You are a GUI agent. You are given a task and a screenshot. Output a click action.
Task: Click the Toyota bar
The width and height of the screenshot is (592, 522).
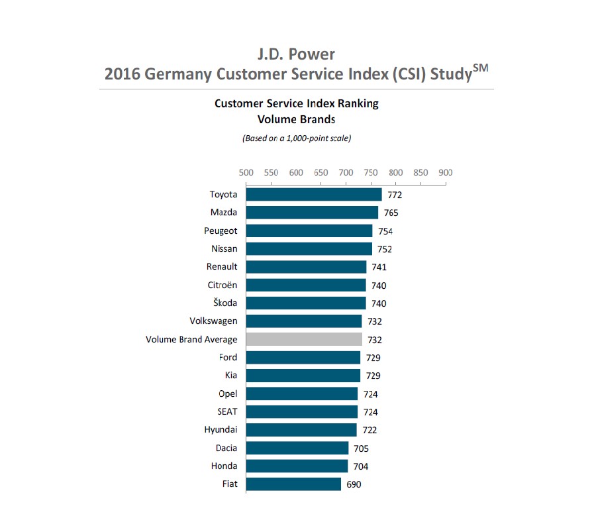click(x=314, y=194)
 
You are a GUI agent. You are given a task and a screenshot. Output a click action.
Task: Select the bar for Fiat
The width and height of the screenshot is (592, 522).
click(x=293, y=484)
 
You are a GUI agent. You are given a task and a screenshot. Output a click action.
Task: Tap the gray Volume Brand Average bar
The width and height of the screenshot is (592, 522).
click(x=304, y=339)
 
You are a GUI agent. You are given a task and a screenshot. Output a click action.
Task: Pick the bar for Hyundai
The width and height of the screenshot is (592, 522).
click(x=301, y=430)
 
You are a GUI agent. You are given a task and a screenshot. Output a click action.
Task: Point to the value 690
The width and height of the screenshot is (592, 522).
click(x=354, y=484)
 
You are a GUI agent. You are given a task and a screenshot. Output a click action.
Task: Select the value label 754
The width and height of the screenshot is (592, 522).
click(x=385, y=231)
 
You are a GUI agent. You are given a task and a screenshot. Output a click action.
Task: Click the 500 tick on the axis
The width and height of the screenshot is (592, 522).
click(x=246, y=172)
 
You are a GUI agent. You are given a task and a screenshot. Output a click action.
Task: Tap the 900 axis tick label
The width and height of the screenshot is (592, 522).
click(x=445, y=172)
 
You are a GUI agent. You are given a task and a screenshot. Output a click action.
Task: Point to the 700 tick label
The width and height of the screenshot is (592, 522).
click(x=346, y=172)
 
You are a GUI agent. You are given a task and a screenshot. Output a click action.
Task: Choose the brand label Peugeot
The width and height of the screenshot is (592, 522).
click(x=221, y=231)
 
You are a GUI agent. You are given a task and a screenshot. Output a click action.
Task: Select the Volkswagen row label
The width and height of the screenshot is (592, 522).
click(x=213, y=321)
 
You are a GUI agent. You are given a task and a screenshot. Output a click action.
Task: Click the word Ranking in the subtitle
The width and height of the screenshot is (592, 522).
click(x=358, y=104)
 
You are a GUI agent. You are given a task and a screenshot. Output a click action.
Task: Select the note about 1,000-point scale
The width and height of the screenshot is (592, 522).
click(x=296, y=138)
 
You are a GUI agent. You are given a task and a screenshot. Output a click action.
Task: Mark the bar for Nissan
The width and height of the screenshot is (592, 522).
click(x=309, y=249)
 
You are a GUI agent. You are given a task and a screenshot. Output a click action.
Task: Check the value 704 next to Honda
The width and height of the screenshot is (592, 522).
click(x=361, y=466)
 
